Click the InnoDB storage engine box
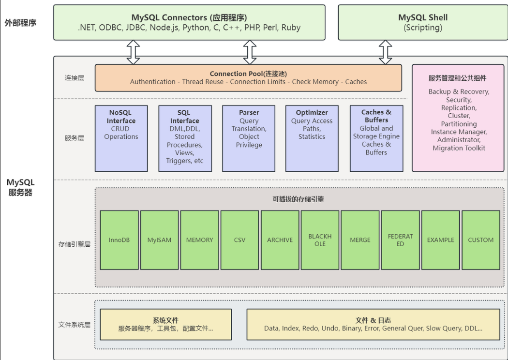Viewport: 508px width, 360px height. (x=119, y=240)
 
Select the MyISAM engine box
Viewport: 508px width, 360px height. (x=159, y=240)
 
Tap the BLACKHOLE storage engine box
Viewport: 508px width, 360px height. (x=320, y=240)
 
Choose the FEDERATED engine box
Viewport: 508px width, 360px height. (x=400, y=240)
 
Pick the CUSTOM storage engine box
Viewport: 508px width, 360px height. (x=481, y=240)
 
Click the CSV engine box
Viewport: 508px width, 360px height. (x=240, y=240)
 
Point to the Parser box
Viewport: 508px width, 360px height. (x=249, y=138)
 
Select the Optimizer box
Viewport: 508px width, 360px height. (x=312, y=138)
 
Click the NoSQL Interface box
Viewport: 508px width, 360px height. (x=121, y=138)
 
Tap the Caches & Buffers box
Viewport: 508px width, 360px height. (x=376, y=138)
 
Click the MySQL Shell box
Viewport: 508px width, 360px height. (x=423, y=22)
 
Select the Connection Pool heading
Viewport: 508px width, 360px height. (x=248, y=74)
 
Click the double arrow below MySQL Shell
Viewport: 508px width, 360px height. (x=385, y=52)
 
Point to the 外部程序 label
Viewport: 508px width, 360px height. (x=20, y=23)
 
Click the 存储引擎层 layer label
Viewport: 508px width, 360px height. (x=74, y=244)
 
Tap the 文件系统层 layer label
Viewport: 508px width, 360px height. (x=74, y=325)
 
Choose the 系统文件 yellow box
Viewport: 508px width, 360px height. (x=165, y=324)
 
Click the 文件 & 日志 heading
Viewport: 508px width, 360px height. (x=373, y=320)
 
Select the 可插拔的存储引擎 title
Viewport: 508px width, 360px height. (x=298, y=199)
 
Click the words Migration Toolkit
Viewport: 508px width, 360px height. (x=459, y=148)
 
